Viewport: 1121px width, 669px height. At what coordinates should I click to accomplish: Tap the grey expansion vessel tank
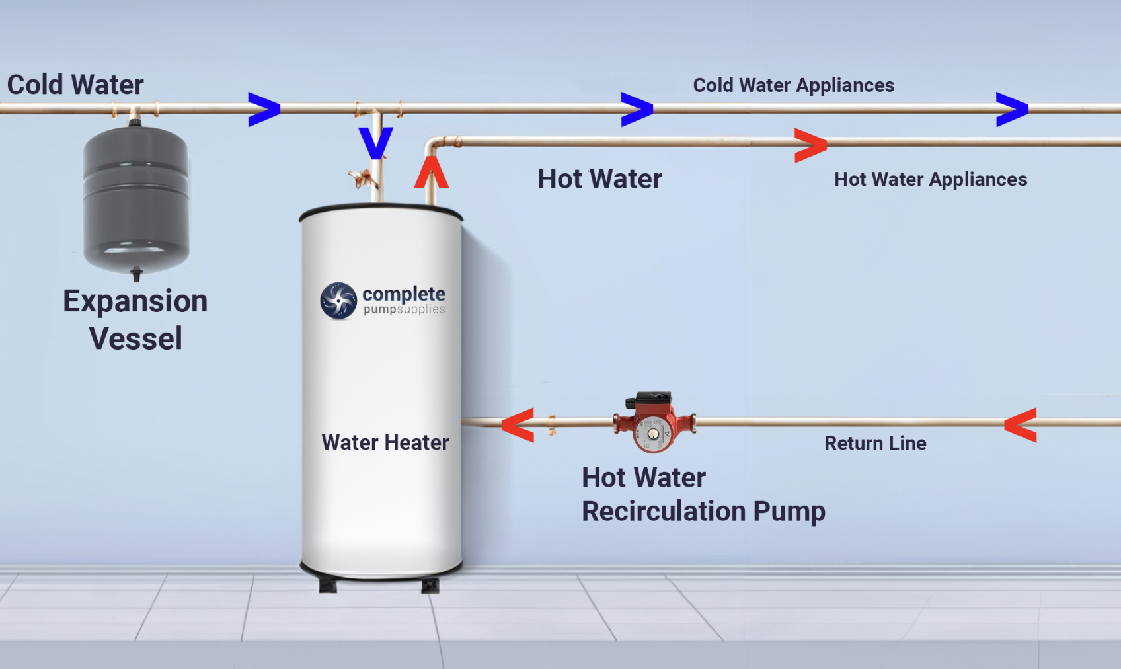point(136,200)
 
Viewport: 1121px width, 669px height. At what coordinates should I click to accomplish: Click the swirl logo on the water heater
point(339,300)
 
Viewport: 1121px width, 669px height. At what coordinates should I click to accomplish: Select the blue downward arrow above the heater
point(376,143)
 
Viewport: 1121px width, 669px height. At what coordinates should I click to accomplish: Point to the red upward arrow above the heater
point(432,172)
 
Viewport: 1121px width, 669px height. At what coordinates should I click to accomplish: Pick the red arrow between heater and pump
point(518,425)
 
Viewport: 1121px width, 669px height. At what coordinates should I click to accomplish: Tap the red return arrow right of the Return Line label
point(1021,425)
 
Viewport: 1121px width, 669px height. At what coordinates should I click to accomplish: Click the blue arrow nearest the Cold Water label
point(264,109)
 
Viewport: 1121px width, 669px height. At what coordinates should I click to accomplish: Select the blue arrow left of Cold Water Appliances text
point(637,109)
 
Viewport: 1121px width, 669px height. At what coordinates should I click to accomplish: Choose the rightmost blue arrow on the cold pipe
point(1013,109)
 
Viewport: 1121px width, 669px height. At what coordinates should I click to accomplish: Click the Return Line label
point(875,444)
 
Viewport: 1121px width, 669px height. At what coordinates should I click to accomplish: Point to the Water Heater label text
point(385,442)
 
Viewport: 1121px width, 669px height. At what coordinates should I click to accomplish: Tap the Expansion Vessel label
point(135,320)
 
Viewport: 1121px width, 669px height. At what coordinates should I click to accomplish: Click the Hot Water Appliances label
point(931,179)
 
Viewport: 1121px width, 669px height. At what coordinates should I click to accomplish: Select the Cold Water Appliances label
point(794,85)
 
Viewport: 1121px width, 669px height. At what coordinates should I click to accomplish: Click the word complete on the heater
point(404,294)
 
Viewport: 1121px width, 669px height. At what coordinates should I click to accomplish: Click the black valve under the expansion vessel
point(136,275)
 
